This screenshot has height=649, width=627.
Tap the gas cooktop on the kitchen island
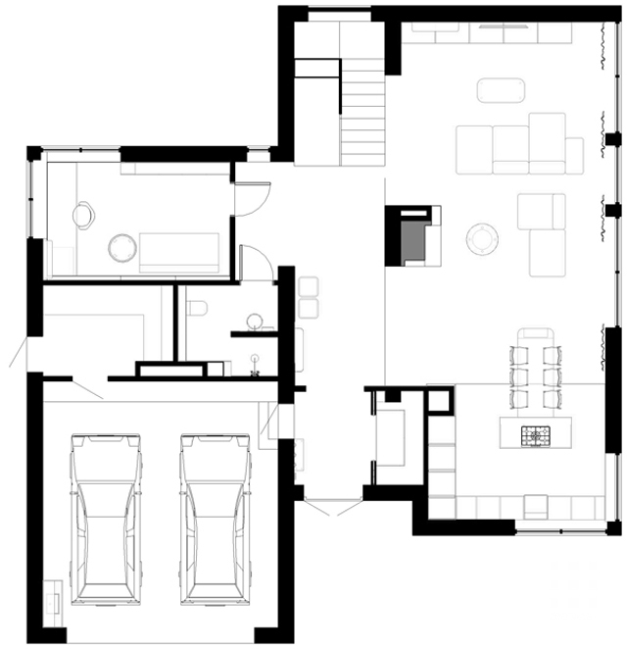coord(536,431)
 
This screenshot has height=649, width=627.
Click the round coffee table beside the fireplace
coord(482,238)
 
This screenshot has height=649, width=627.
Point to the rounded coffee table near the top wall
coord(503,90)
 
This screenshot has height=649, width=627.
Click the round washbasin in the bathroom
coord(255,321)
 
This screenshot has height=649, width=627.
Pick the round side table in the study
coord(123,247)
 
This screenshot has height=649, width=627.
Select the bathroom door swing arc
coord(257,263)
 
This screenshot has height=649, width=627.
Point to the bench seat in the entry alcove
coord(395,437)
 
